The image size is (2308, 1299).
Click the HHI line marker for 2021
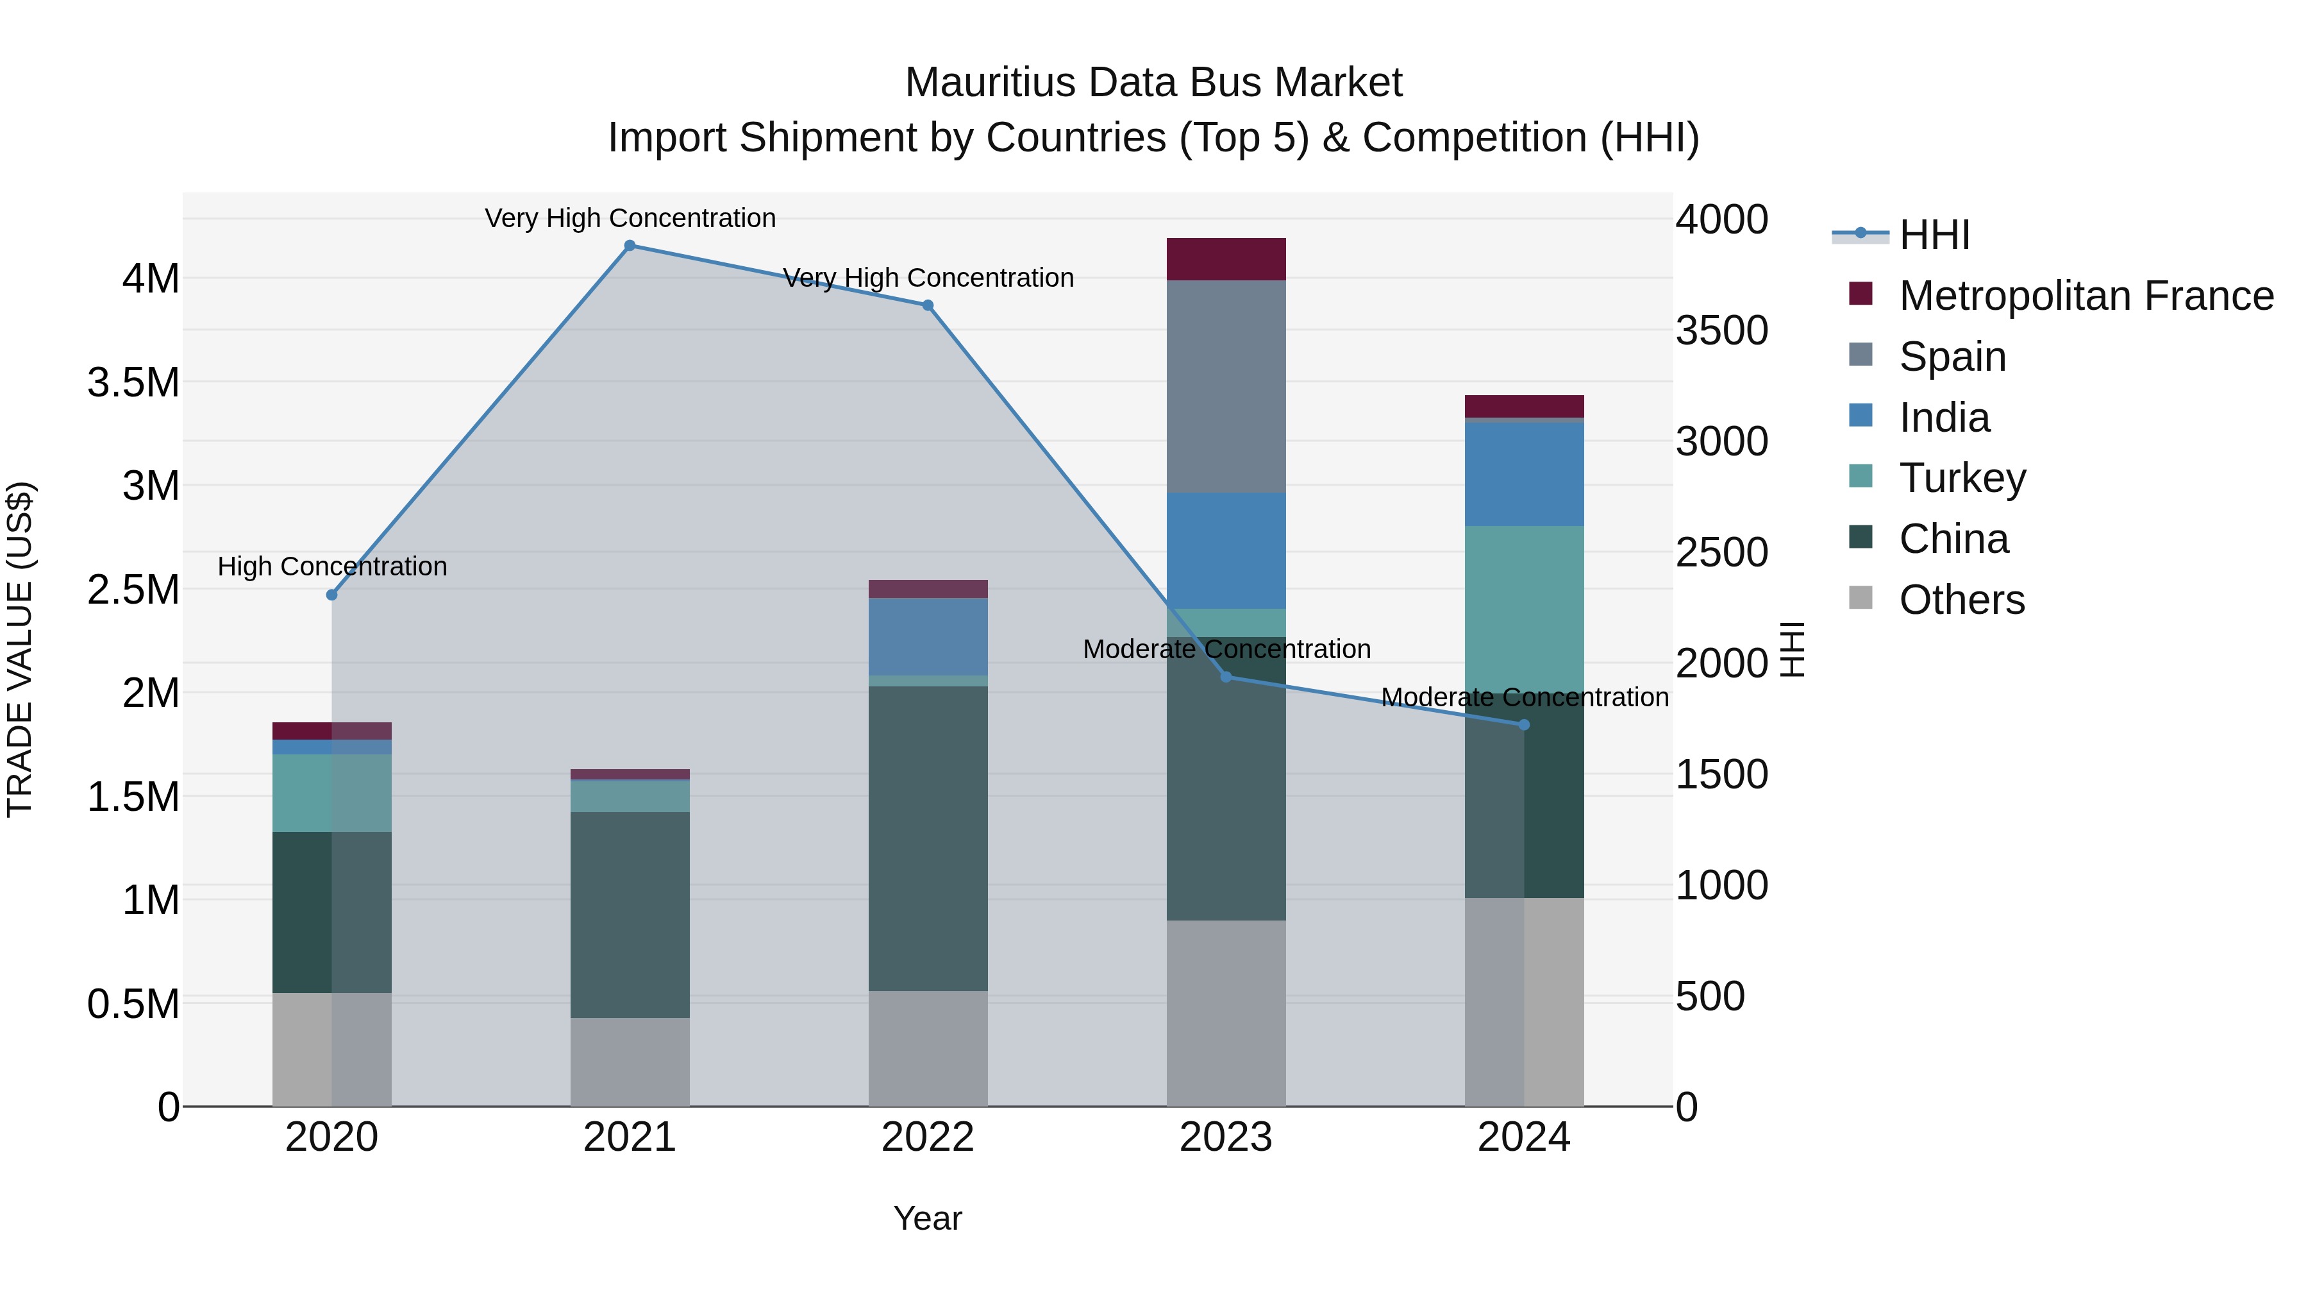(630, 246)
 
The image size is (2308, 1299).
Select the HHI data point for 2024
(1524, 724)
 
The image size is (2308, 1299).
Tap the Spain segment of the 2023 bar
(1226, 386)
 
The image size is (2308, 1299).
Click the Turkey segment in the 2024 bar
(1524, 609)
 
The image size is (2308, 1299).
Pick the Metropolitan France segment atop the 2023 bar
(1226, 259)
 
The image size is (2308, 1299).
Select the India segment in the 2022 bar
(928, 636)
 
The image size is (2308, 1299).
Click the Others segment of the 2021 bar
(630, 1062)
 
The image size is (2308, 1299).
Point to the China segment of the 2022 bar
(928, 838)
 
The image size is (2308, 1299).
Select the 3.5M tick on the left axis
(133, 383)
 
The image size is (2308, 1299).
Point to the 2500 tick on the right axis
(1721, 552)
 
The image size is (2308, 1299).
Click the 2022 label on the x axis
(928, 1137)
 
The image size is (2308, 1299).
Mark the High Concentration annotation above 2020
(332, 566)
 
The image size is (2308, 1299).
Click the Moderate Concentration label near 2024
(1524, 697)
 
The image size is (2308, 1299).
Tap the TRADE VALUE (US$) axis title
(21, 649)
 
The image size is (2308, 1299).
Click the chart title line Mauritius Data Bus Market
(1153, 83)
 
